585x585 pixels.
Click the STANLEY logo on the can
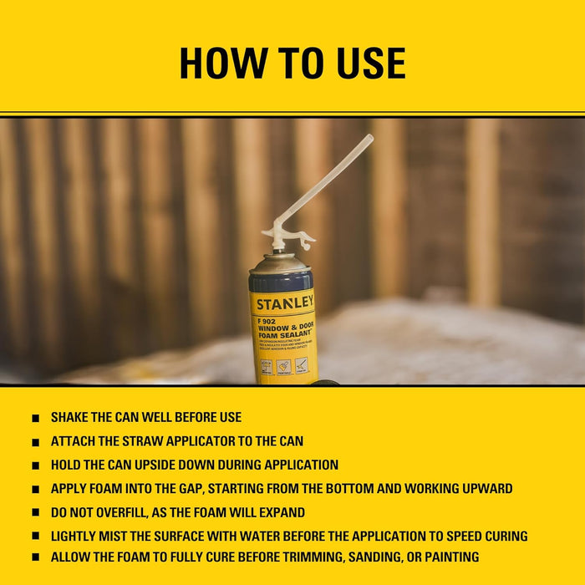[x=284, y=302]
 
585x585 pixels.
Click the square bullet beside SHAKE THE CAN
[x=35, y=418]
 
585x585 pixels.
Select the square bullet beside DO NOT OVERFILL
[x=35, y=512]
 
